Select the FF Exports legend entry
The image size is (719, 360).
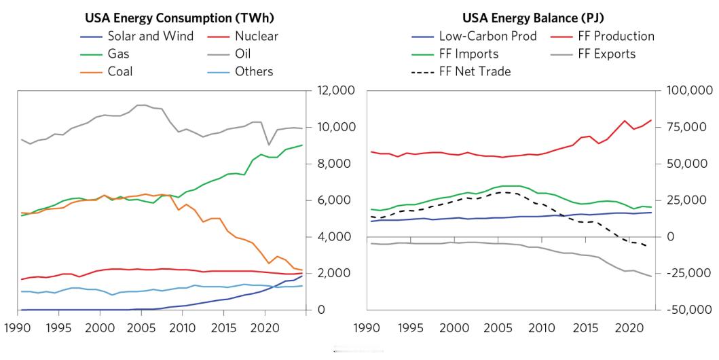point(606,54)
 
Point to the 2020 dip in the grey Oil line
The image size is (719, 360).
point(269,145)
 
